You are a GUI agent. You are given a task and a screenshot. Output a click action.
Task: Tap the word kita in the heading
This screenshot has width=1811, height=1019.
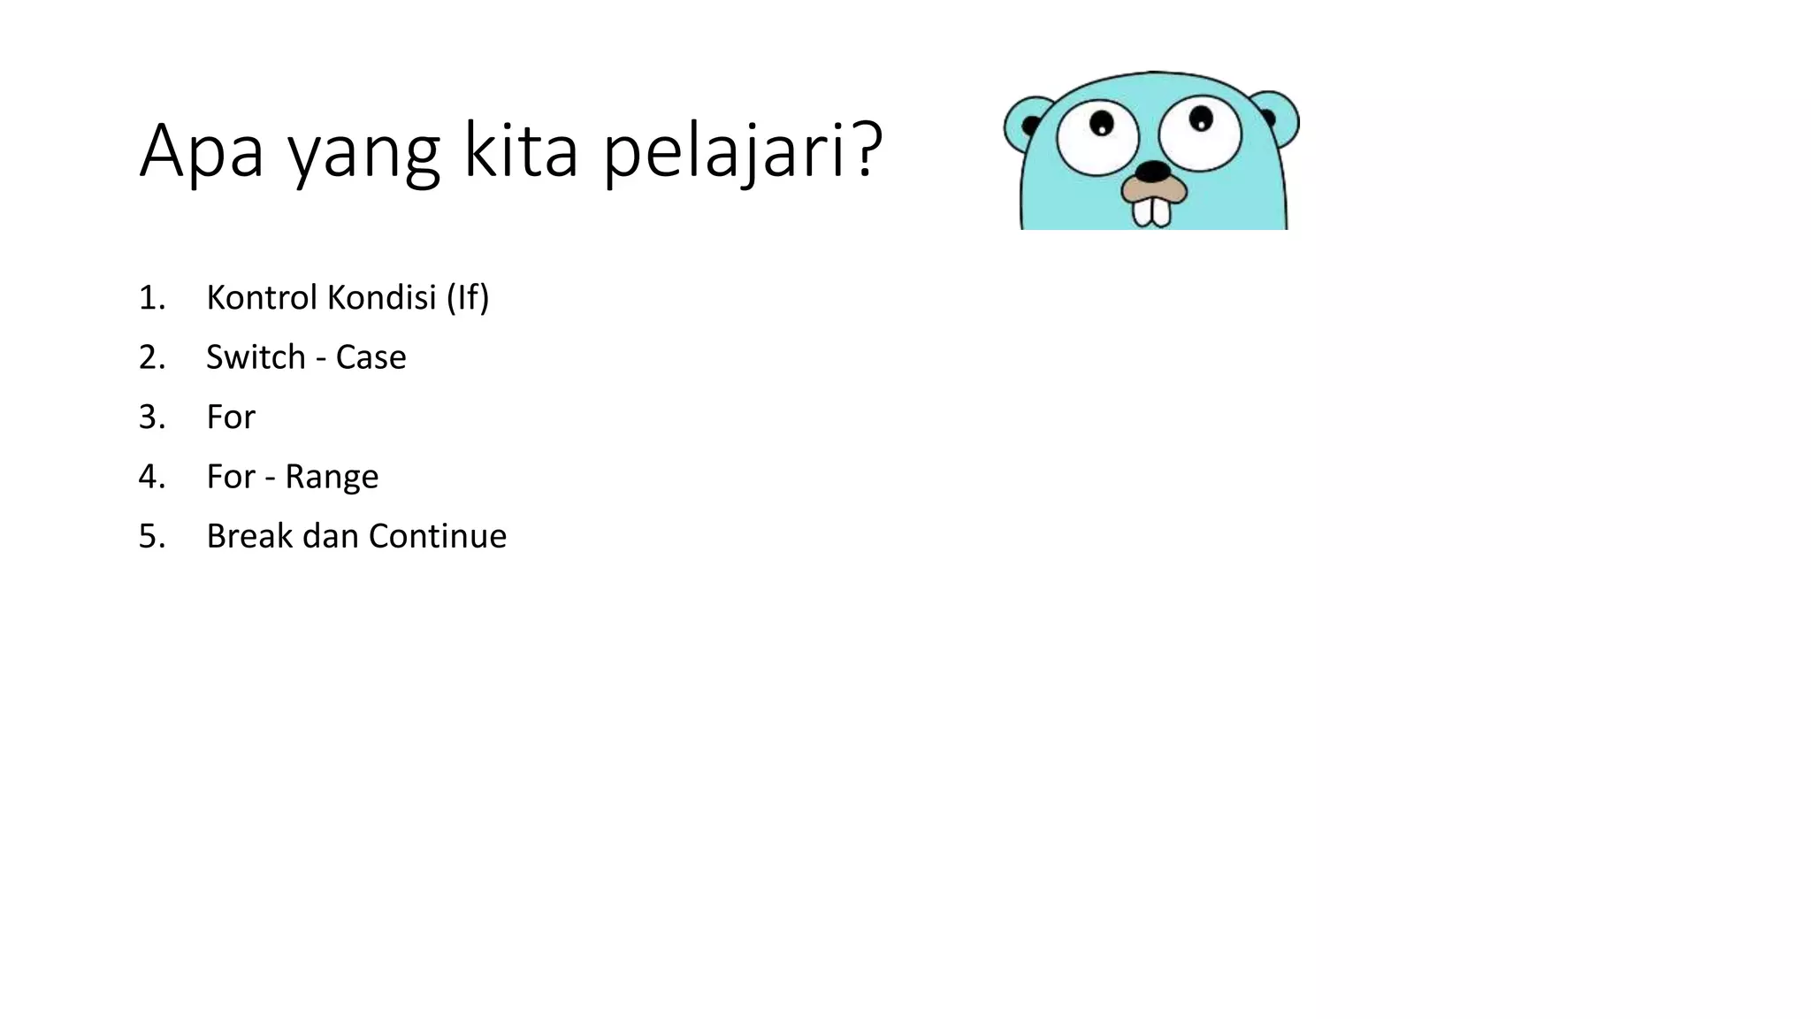(x=521, y=150)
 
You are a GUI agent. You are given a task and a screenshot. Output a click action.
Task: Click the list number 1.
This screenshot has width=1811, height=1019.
(x=151, y=298)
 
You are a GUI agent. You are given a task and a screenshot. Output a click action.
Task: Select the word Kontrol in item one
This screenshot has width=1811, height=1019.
(x=262, y=297)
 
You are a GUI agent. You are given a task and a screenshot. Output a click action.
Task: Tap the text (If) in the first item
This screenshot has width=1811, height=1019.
(x=468, y=297)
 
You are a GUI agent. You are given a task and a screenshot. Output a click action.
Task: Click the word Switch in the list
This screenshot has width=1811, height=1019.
(x=256, y=357)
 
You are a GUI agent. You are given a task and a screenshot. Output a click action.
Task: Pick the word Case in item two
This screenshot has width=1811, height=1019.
(x=371, y=357)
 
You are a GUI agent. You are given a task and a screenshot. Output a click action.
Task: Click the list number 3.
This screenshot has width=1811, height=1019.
(x=151, y=418)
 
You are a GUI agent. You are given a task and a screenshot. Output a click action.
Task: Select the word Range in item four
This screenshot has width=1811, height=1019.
(x=332, y=478)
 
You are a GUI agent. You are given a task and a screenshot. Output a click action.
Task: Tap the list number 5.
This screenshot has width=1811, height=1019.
(x=151, y=537)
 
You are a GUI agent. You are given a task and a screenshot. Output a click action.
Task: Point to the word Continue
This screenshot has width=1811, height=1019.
(x=438, y=536)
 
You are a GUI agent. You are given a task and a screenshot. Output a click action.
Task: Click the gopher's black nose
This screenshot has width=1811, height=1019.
(x=1152, y=171)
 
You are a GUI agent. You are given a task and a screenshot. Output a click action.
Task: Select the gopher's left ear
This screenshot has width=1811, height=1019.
(x=1026, y=124)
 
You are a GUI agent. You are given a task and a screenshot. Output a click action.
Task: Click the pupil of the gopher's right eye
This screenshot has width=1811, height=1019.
(x=1201, y=118)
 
